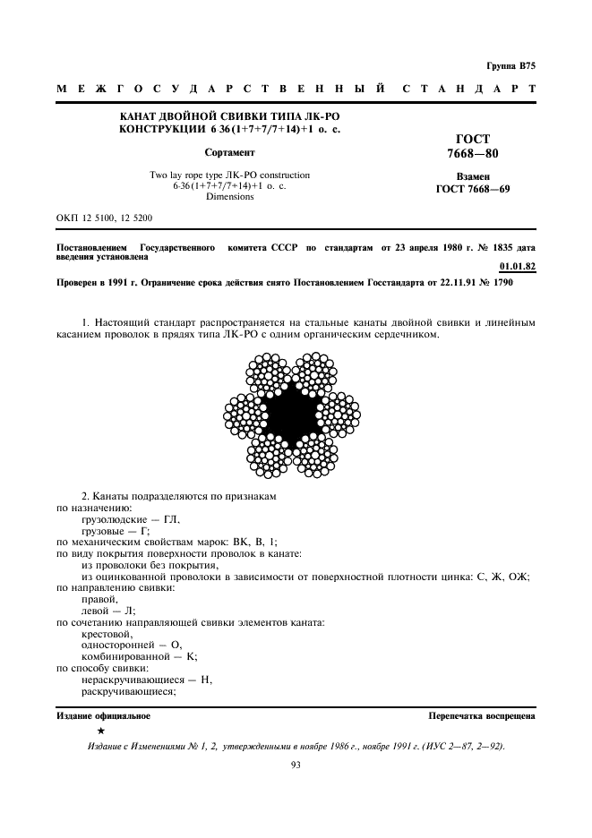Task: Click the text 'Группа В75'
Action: pyautogui.click(x=510, y=66)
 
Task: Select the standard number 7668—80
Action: pyautogui.click(x=473, y=154)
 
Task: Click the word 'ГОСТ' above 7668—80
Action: pyautogui.click(x=473, y=140)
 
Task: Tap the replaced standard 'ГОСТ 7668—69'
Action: pyautogui.click(x=473, y=190)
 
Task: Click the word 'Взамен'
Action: pyautogui.click(x=473, y=177)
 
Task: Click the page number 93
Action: pyautogui.click(x=295, y=764)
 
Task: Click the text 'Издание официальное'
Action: pyautogui.click(x=104, y=716)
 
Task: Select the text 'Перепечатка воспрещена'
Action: pyautogui.click(x=482, y=716)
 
